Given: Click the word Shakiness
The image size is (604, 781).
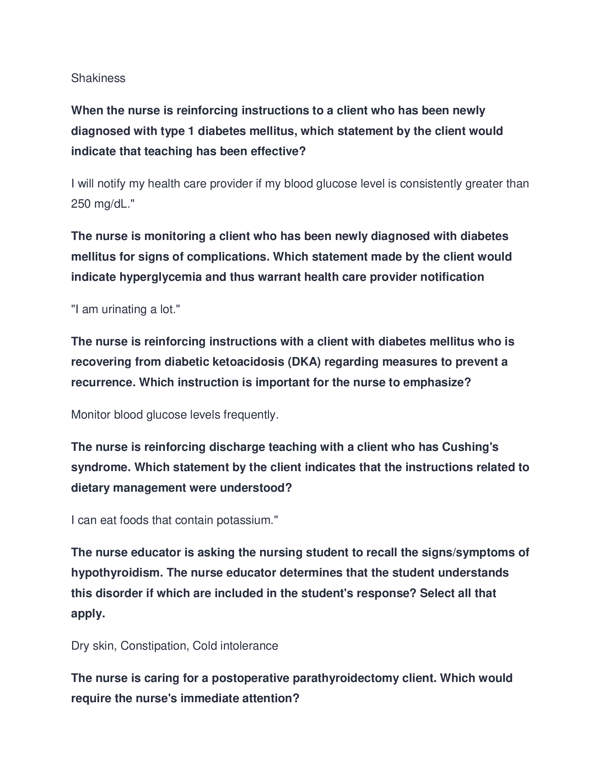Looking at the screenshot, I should click(98, 78).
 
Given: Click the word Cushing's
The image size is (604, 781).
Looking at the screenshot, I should click(470, 447).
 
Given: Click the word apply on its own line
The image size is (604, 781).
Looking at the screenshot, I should click(88, 614).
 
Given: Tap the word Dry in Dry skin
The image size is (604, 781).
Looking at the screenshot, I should click(80, 646).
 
